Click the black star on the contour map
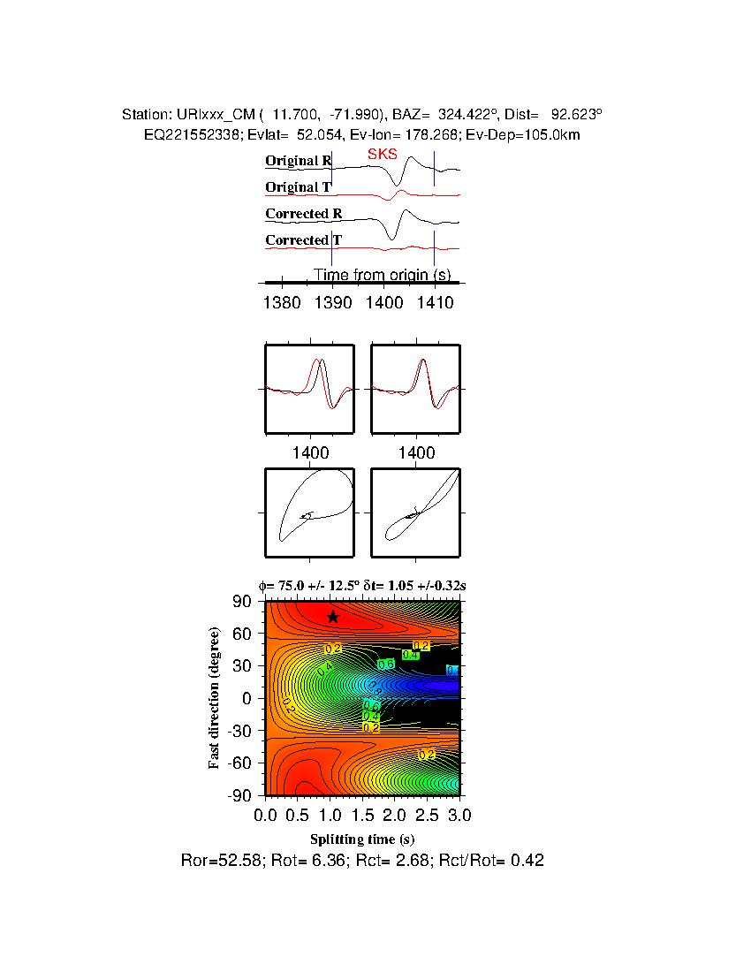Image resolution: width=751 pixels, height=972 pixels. pos(332,617)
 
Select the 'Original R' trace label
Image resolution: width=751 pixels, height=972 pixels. pos(298,161)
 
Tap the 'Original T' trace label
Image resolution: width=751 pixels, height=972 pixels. pos(298,187)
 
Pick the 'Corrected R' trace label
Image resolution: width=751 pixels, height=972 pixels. pos(303,214)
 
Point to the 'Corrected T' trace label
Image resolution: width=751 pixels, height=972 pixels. pos(303,240)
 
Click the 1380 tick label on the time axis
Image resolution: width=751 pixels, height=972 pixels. pos(282,303)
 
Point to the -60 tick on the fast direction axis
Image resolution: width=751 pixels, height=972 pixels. pos(241,763)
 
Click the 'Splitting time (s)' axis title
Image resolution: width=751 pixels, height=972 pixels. pos(362,839)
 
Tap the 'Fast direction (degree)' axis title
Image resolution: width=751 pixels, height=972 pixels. pos(215,698)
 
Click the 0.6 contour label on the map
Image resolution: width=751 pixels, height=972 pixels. pos(386,664)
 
